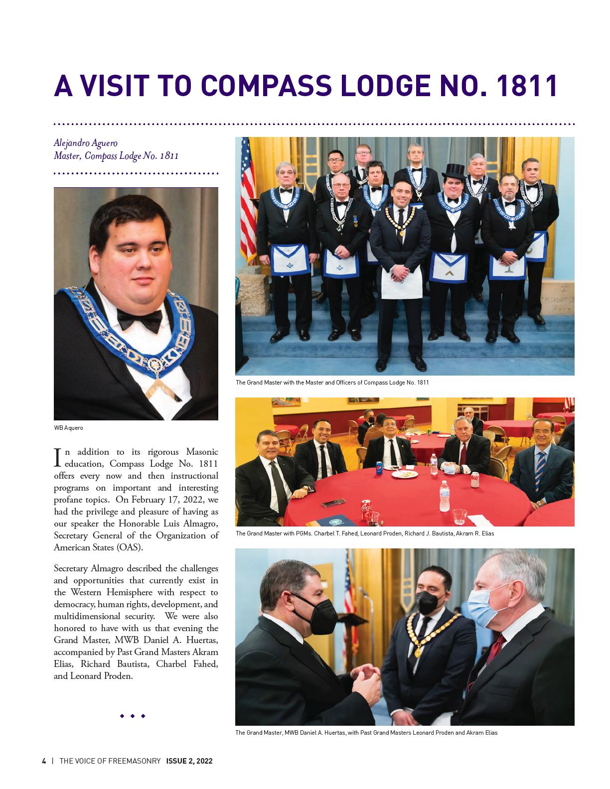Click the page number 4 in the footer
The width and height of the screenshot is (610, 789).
44,761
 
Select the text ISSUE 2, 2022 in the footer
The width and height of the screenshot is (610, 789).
189,761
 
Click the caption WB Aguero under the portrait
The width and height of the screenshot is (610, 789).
68,428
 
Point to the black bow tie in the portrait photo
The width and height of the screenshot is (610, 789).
140,318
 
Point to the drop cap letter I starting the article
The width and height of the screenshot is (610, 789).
57,457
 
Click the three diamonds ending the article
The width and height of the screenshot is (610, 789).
133,716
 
